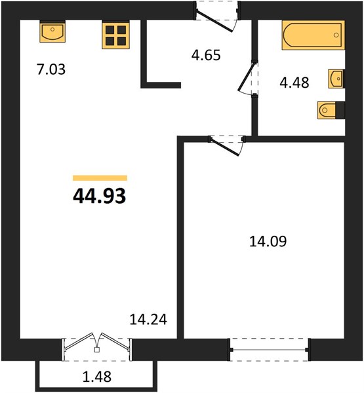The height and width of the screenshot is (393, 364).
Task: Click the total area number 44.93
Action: [100, 196]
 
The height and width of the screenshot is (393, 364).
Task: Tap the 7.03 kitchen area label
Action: [51, 69]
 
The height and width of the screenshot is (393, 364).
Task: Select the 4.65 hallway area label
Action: [206, 55]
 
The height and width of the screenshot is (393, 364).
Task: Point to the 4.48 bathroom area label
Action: [294, 83]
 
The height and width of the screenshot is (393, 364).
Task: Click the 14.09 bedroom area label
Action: [268, 242]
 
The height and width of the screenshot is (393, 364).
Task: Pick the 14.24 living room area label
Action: [148, 320]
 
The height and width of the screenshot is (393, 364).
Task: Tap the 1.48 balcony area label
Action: [97, 377]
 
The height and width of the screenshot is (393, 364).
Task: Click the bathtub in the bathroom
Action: [313, 35]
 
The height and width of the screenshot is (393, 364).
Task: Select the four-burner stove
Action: [115, 35]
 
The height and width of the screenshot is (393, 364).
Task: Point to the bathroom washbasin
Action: [336, 79]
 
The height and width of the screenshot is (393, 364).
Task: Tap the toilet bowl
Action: [327, 110]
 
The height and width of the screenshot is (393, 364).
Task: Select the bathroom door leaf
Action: [247, 76]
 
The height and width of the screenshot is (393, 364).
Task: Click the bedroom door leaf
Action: [224, 146]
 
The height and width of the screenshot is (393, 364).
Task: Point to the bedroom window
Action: [269, 350]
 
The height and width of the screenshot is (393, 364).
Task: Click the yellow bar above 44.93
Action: [100, 178]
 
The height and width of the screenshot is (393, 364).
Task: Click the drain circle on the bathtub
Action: [336, 35]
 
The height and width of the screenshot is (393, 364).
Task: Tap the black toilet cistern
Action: [340, 110]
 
